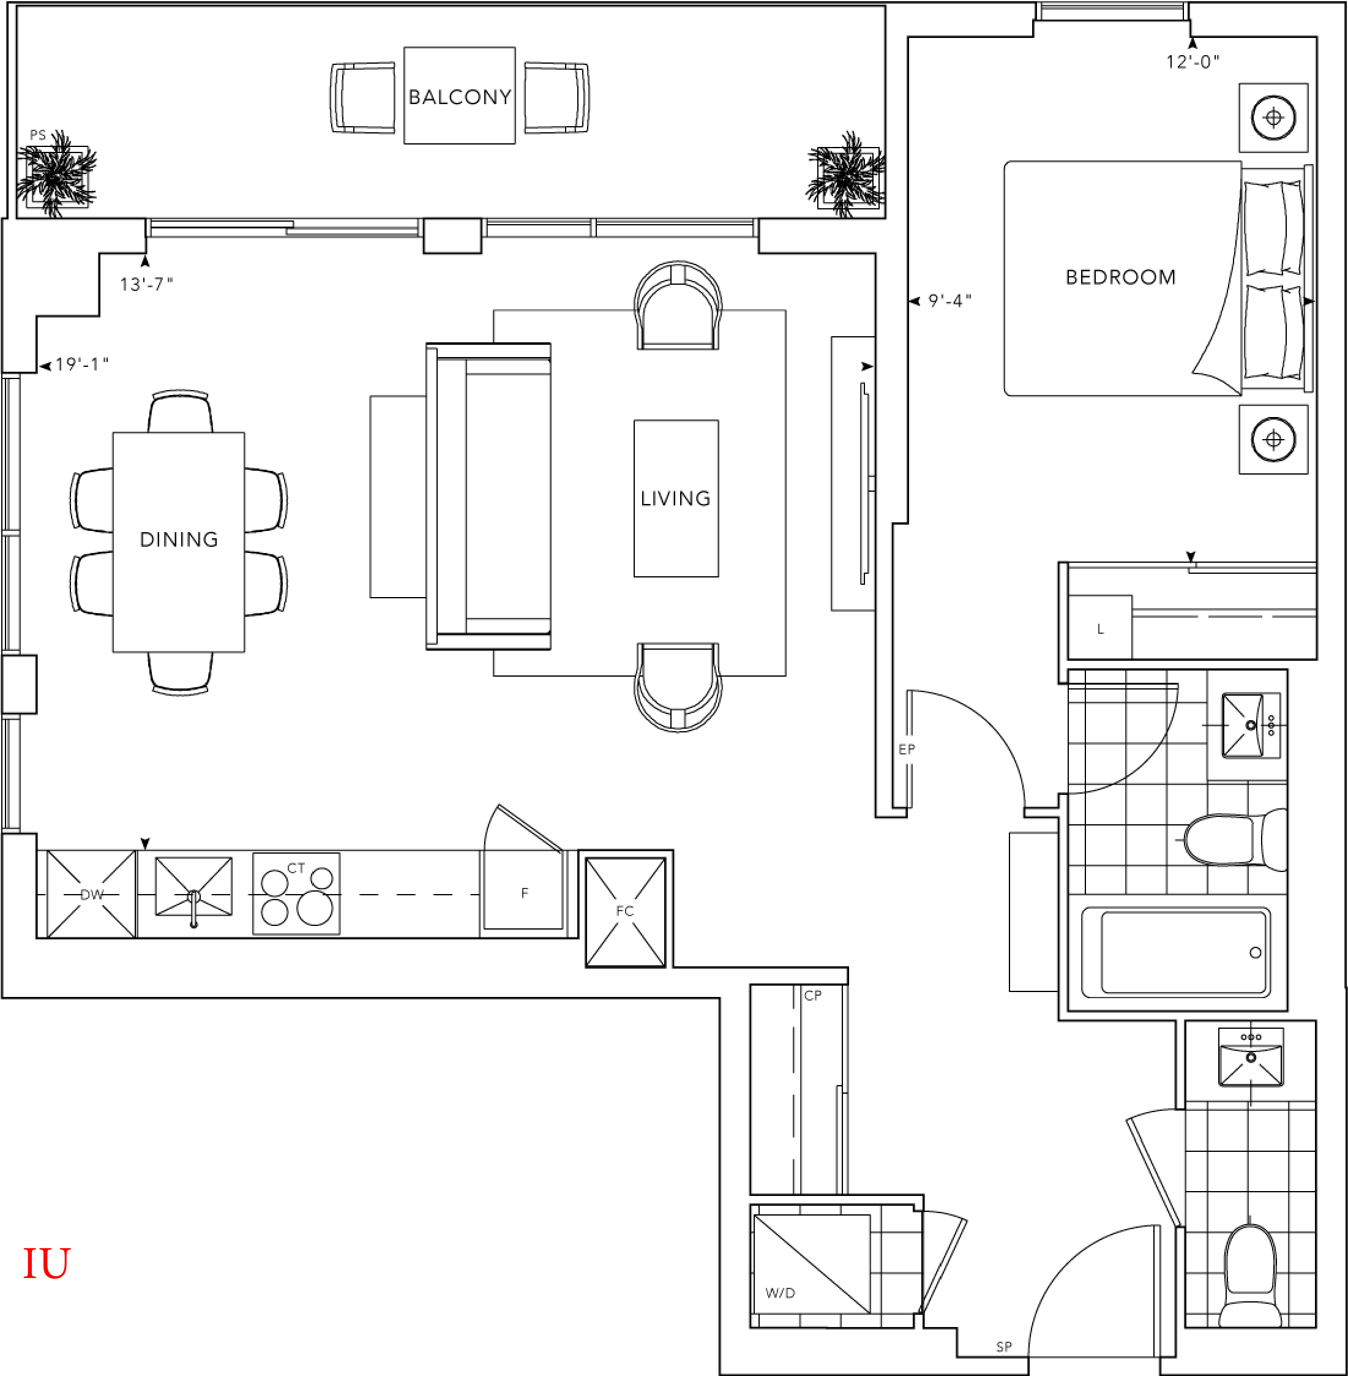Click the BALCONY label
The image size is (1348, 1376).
pos(460,97)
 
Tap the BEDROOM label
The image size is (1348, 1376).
pos(1121,277)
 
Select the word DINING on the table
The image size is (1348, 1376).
pos(179,539)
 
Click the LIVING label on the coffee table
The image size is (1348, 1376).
pos(675,498)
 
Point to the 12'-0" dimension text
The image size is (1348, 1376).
pos(1193,62)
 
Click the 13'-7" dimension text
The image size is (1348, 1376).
pos(146,284)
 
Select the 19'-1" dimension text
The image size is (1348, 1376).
pos(82,364)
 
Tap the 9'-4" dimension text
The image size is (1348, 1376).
pos(950,301)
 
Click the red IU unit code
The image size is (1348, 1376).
pos(47,1263)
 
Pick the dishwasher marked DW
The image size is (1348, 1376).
pos(91,895)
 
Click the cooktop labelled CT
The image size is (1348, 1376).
pos(297,893)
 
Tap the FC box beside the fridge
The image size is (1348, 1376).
pos(626,911)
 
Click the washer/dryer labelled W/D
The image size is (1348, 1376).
pos(812,1264)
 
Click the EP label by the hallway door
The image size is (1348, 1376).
pos(907,750)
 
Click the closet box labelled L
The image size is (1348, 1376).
pos(1099,628)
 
